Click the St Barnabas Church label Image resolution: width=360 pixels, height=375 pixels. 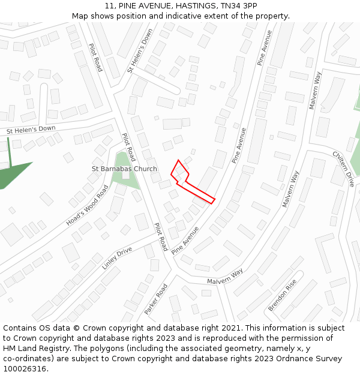pos(124,169)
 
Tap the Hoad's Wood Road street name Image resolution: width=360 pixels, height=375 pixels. pos(88,205)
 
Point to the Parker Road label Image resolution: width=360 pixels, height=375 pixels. pos(156,299)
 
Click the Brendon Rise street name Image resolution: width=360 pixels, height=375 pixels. pos(283,295)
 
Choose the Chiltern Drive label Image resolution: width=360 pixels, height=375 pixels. pos(344,169)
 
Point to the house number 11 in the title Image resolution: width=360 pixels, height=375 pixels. pos(108,5)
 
